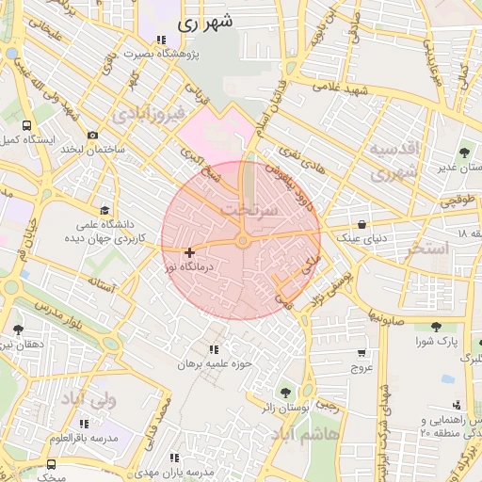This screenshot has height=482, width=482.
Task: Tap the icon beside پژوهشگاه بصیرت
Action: [161, 40]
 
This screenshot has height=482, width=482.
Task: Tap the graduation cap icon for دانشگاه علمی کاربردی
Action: [104, 210]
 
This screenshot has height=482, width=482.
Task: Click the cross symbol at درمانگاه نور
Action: [190, 252]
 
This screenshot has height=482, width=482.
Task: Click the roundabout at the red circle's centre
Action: [242, 242]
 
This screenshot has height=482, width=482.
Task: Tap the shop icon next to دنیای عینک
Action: [361, 223]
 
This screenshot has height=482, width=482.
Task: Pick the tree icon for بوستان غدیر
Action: [464, 152]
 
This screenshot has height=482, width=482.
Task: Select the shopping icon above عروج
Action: [362, 353]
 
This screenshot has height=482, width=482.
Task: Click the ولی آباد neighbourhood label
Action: [88, 399]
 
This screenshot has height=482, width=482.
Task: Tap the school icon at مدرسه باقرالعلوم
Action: [85, 425]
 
